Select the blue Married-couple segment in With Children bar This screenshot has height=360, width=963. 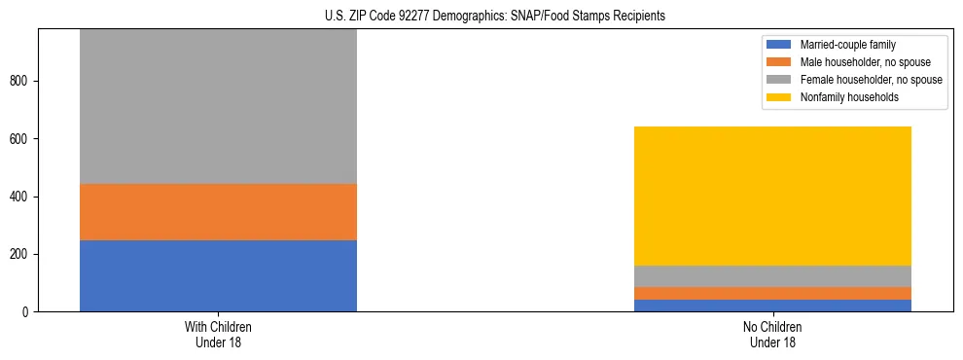(x=218, y=275)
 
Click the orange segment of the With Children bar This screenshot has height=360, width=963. (x=218, y=212)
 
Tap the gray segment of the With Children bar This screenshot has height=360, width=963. (x=218, y=107)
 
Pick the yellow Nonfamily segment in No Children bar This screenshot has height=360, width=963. (x=772, y=196)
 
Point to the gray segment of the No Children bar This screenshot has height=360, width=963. (x=772, y=276)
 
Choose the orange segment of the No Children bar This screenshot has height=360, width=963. (x=772, y=293)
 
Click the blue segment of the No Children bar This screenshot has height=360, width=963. (x=772, y=306)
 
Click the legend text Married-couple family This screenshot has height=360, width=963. (x=848, y=45)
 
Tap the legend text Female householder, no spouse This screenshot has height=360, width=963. (x=871, y=80)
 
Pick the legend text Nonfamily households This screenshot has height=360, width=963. (x=849, y=97)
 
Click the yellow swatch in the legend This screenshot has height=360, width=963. (x=779, y=97)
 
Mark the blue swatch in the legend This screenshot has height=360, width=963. (x=779, y=45)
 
